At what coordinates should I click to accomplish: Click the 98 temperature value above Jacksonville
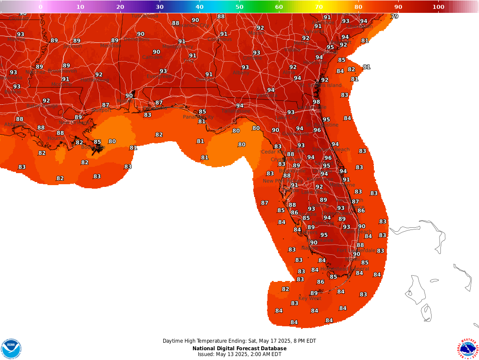pyautogui.click(x=316, y=102)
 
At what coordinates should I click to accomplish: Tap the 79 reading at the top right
pyautogui.click(x=394, y=16)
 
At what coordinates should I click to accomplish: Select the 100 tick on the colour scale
pyautogui.click(x=438, y=7)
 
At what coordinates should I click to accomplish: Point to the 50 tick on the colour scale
pyautogui.click(x=239, y=7)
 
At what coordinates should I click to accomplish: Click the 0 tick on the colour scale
pyautogui.click(x=40, y=7)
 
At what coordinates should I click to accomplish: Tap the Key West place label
pyautogui.click(x=310, y=298)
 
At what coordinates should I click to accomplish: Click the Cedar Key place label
pyautogui.click(x=273, y=152)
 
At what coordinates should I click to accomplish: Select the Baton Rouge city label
pyautogui.click(x=42, y=106)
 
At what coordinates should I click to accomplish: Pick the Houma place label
pyautogui.click(x=56, y=138)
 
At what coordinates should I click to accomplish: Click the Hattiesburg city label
pyautogui.click(x=95, y=80)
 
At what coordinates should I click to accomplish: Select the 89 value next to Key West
pyautogui.click(x=314, y=293)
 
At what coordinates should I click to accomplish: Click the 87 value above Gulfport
pyautogui.click(x=106, y=105)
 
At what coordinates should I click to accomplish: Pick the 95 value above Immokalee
pyautogui.click(x=324, y=235)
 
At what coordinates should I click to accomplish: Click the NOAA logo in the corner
pyautogui.click(x=11, y=348)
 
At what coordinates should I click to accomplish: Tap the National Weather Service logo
pyautogui.click(x=467, y=348)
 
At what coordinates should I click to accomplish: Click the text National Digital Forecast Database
pyautogui.click(x=239, y=348)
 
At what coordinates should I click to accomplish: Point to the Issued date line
pyautogui.click(x=239, y=354)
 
